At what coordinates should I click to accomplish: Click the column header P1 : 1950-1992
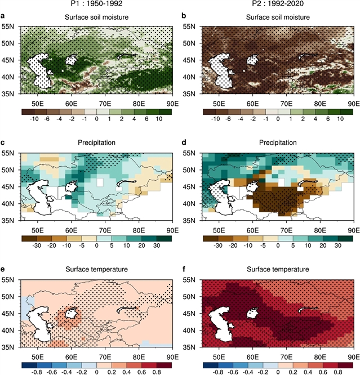click(96, 5)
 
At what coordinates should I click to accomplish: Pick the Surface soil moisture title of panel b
click(277, 17)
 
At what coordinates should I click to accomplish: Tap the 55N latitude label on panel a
click(10, 26)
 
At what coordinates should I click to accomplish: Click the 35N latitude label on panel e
click(10, 347)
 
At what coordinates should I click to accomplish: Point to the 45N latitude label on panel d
click(192, 186)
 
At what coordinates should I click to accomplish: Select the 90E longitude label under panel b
click(354, 103)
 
